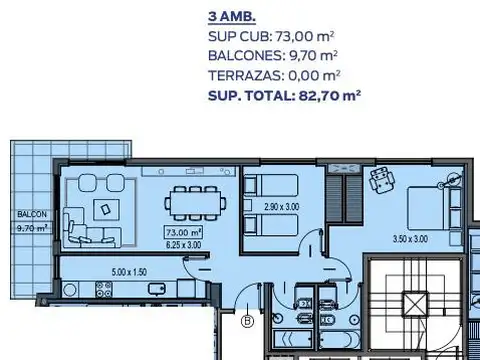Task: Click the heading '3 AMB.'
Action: click(x=231, y=17)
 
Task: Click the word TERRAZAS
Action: click(x=240, y=75)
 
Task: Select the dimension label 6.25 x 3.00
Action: click(x=183, y=244)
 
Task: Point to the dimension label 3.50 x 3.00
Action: click(x=409, y=238)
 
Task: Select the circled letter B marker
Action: click(x=247, y=321)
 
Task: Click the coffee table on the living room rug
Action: click(x=105, y=208)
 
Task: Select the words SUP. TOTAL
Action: click(x=245, y=95)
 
